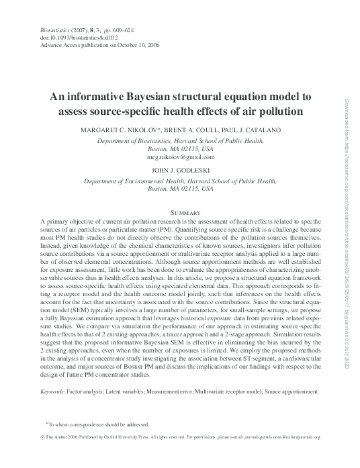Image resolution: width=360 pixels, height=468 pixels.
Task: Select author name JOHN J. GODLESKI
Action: (x=180, y=171)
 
